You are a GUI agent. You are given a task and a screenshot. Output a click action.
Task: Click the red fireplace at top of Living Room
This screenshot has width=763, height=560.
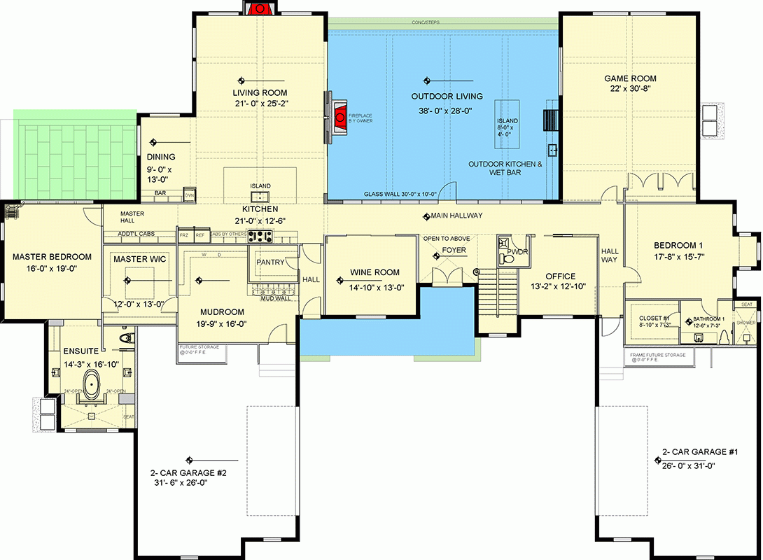(260, 8)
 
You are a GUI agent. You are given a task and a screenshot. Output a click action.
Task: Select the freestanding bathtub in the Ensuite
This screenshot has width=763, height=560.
(92, 386)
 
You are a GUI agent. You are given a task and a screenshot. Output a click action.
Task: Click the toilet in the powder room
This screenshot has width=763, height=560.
(509, 258)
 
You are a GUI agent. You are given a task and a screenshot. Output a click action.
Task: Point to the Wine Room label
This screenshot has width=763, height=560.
(375, 272)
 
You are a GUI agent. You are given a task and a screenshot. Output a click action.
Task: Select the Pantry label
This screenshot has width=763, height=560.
(271, 263)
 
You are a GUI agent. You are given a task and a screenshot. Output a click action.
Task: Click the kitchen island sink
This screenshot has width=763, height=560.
(260, 195)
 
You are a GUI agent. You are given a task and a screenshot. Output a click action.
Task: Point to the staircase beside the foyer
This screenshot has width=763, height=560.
(498, 293)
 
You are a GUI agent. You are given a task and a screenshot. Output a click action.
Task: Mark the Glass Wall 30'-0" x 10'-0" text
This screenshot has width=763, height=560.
(400, 195)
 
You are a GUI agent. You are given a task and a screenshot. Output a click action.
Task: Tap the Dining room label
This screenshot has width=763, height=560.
(161, 157)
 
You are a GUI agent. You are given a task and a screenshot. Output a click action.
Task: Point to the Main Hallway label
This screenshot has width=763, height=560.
(457, 216)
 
